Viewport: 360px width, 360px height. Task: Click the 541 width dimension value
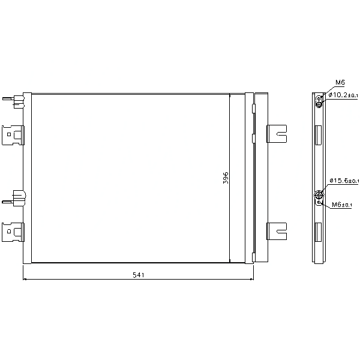click(x=139, y=275)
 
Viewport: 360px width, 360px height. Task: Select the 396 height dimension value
click(x=226, y=178)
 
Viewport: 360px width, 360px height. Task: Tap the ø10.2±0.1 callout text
click(x=343, y=95)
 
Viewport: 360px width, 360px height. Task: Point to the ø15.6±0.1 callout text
click(x=344, y=181)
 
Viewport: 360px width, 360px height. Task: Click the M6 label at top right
click(x=340, y=82)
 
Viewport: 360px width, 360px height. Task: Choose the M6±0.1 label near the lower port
click(x=341, y=205)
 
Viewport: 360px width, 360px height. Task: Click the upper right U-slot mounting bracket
click(x=277, y=134)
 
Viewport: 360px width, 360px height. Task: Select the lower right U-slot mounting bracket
click(x=277, y=231)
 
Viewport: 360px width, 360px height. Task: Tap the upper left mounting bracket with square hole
click(x=13, y=135)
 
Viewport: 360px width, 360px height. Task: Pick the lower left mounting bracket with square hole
click(x=13, y=232)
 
